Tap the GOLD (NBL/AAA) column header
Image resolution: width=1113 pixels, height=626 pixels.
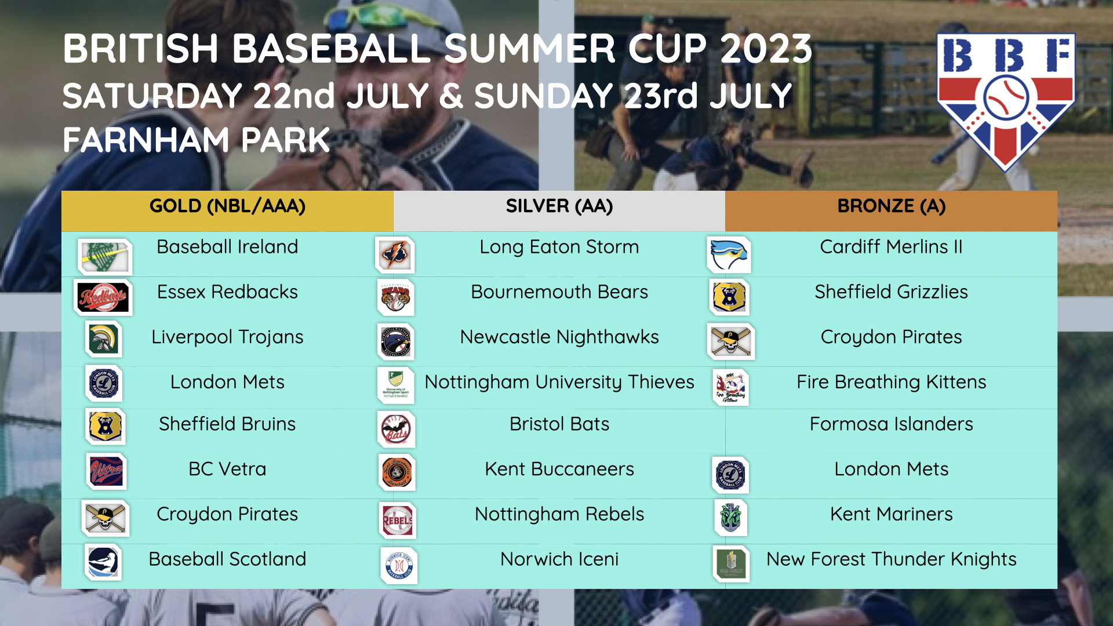point(227,206)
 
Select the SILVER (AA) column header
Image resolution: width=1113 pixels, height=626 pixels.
point(559,206)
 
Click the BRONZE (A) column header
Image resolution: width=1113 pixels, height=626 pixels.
point(891,206)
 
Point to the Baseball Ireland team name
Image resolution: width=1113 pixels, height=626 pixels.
point(227,247)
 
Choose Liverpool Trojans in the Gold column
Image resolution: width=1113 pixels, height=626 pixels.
point(227,337)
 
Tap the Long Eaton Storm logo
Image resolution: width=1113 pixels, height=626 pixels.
point(395,254)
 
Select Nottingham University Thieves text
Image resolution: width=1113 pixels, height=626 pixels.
point(559,383)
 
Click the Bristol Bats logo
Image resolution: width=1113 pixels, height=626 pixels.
point(397,430)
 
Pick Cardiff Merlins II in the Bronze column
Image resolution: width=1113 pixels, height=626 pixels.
point(891,247)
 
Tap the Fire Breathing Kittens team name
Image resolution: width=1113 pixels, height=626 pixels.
point(891,383)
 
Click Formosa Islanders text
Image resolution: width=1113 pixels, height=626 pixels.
point(891,424)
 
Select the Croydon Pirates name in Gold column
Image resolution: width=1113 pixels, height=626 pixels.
point(227,514)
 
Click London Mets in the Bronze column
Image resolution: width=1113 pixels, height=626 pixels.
point(891,469)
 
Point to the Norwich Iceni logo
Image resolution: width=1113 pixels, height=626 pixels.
point(399,566)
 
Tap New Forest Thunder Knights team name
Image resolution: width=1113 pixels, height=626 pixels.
point(891,559)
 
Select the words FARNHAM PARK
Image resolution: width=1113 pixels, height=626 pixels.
point(196,140)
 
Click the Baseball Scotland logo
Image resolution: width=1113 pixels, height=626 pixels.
point(103,562)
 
